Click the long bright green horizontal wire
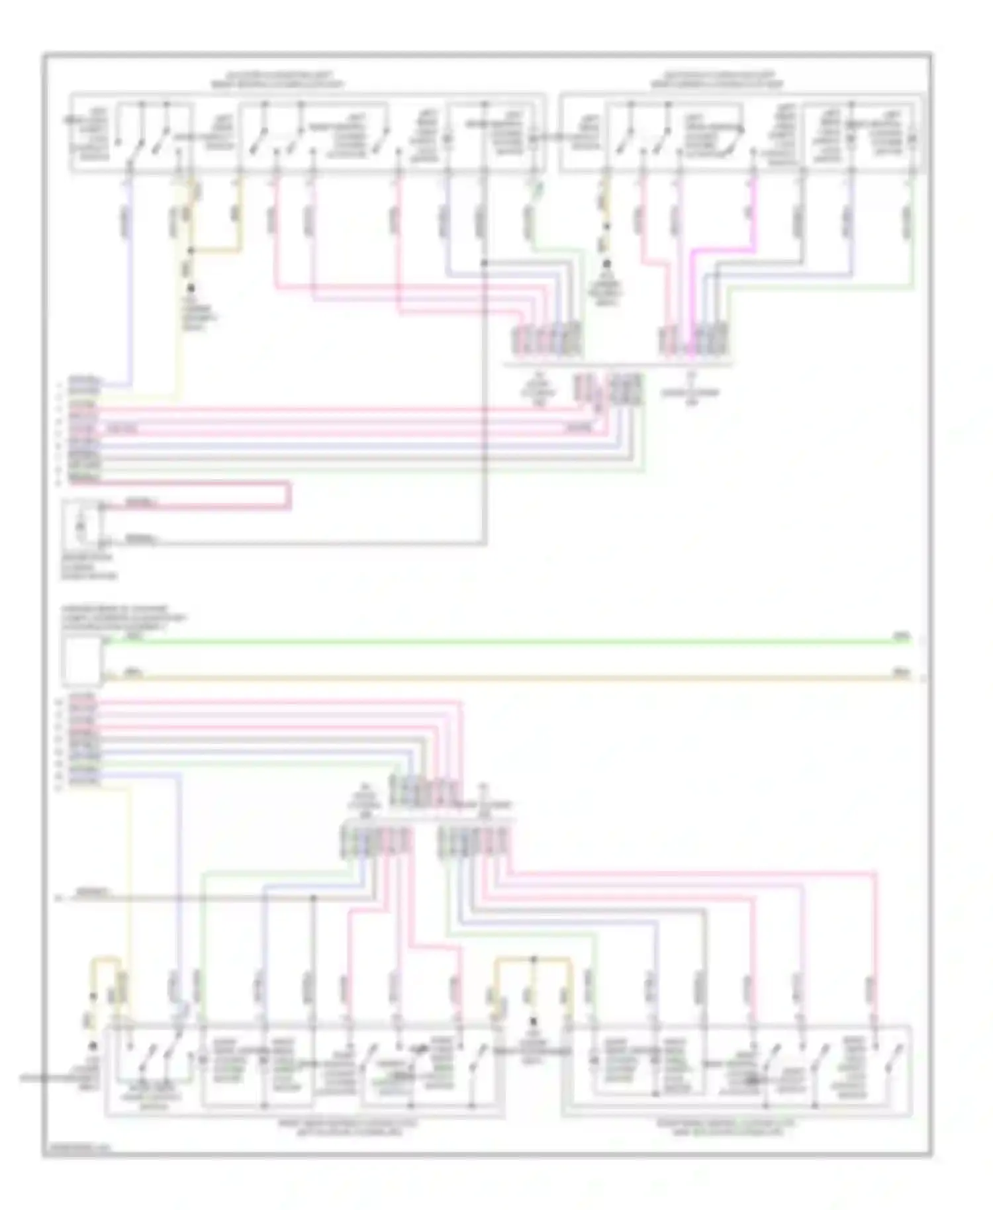(503, 641)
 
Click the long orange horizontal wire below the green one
(503, 677)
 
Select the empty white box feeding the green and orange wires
(81, 661)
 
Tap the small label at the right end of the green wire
(901, 636)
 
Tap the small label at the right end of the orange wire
(901, 673)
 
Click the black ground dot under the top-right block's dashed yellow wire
(606, 264)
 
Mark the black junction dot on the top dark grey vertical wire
(485, 263)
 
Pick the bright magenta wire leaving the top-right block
(755, 212)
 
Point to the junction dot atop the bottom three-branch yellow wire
(534, 958)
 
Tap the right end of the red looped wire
(289, 496)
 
